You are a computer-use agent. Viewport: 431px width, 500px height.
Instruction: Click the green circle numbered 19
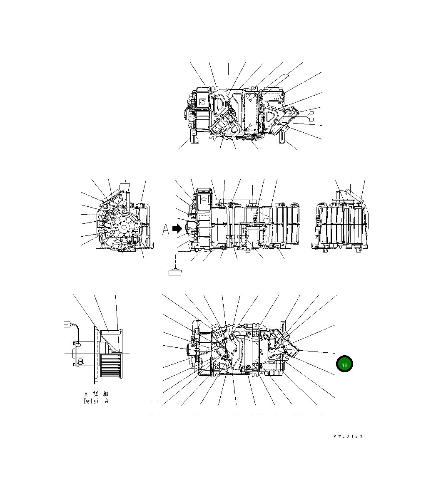coord(344,364)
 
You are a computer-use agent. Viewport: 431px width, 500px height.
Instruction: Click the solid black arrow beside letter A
coord(177,229)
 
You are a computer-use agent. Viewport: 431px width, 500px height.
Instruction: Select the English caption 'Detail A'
coord(96,401)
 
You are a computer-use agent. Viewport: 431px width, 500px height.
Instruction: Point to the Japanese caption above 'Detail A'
coord(96,394)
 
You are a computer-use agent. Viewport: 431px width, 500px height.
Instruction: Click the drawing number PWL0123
coord(348,436)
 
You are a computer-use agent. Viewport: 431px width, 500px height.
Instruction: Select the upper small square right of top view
coord(311,113)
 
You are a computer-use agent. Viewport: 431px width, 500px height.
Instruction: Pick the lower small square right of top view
coord(311,119)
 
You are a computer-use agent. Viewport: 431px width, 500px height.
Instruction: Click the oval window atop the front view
coord(204,200)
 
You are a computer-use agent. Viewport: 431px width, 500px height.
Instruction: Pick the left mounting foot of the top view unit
coord(194,136)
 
